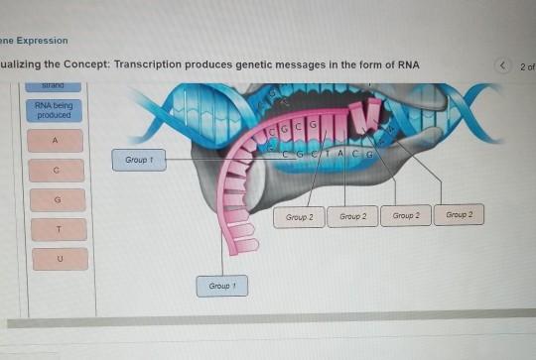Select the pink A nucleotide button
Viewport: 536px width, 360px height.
tap(56, 142)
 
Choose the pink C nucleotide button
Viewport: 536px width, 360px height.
tap(57, 171)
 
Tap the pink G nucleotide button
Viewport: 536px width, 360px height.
tap(57, 200)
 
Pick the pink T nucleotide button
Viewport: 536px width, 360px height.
tap(58, 229)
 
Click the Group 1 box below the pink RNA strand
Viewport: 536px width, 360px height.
tap(221, 286)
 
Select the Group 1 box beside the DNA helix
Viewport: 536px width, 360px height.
tap(138, 159)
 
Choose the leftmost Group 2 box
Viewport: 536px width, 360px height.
tap(299, 215)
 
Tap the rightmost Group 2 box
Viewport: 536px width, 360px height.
tap(459, 214)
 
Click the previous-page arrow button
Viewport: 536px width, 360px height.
tap(503, 66)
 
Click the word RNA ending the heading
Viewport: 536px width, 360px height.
tap(408, 65)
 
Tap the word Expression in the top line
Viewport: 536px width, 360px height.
tap(42, 41)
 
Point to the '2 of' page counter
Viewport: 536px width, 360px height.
tap(528, 66)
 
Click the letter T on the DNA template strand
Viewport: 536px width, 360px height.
tap(326, 154)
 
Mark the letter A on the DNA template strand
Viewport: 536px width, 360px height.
tap(339, 154)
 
